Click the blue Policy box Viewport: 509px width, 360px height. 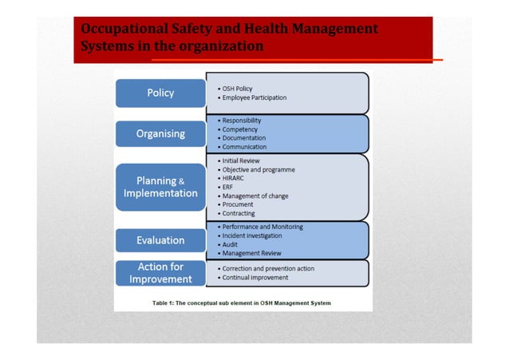tap(160, 93)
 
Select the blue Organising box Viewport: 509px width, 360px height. tap(160, 134)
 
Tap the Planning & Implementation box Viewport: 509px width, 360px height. tap(160, 187)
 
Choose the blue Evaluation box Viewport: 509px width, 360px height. tap(160, 239)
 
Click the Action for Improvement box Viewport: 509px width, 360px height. tap(160, 273)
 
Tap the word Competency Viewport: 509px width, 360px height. tap(240, 129)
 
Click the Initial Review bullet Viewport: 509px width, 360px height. tap(243, 160)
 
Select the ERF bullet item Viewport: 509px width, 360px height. tap(228, 187)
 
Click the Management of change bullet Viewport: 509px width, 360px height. tap(254, 196)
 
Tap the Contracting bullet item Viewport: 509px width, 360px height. tap(238, 213)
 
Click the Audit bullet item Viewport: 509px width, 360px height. tap(230, 244)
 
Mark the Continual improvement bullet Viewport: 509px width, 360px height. tap(254, 277)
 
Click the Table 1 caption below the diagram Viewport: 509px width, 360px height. tap(242, 303)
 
